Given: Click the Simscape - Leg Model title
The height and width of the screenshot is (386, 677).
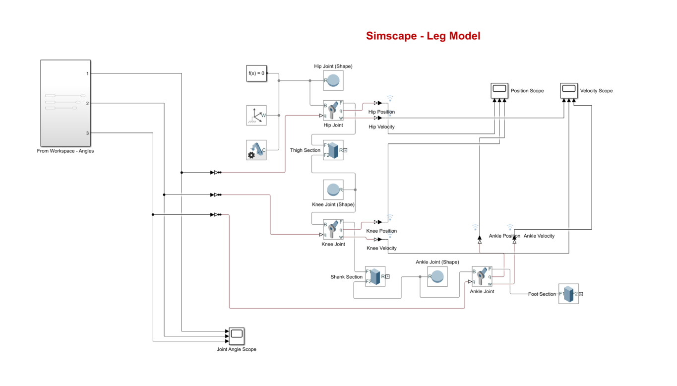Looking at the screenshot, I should pyautogui.click(x=423, y=36).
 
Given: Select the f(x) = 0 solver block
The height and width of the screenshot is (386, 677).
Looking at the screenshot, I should pyautogui.click(x=256, y=73).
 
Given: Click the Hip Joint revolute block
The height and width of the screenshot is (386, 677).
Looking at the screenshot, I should pyautogui.click(x=333, y=110).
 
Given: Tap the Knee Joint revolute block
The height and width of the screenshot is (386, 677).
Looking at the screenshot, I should pyautogui.click(x=333, y=230).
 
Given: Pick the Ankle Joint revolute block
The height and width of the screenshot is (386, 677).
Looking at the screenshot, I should pyautogui.click(x=482, y=276).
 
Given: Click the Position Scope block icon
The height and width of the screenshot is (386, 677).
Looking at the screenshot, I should pyautogui.click(x=499, y=90).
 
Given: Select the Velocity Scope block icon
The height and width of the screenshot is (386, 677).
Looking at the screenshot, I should pyautogui.click(x=569, y=90).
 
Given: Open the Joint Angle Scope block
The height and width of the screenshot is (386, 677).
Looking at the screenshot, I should pyautogui.click(x=236, y=336).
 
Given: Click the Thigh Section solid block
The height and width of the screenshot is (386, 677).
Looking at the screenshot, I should pyautogui.click(x=333, y=150).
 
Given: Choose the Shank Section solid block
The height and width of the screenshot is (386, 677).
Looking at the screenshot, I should pyautogui.click(x=375, y=276).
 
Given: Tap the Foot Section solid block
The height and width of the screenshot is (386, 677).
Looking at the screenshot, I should pyautogui.click(x=568, y=294).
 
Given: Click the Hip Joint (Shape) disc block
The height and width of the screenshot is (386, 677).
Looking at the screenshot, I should pyautogui.click(x=333, y=80).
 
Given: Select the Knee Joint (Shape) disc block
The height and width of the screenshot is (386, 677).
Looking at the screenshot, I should pyautogui.click(x=333, y=190).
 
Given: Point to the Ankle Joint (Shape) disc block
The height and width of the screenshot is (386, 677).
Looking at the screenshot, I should pyautogui.click(x=437, y=276).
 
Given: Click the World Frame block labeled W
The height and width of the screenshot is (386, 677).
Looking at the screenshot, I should pyautogui.click(x=256, y=115).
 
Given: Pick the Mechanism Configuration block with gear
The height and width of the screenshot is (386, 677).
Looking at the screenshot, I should pyautogui.click(x=256, y=150).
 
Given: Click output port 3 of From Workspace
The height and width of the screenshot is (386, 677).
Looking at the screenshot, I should pyautogui.click(x=88, y=133).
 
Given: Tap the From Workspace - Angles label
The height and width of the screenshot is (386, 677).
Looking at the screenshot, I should pyautogui.click(x=65, y=151).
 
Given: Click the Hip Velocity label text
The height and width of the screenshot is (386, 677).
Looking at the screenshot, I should pyautogui.click(x=381, y=127).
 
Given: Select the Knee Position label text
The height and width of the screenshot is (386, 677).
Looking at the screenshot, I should pyautogui.click(x=381, y=231).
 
